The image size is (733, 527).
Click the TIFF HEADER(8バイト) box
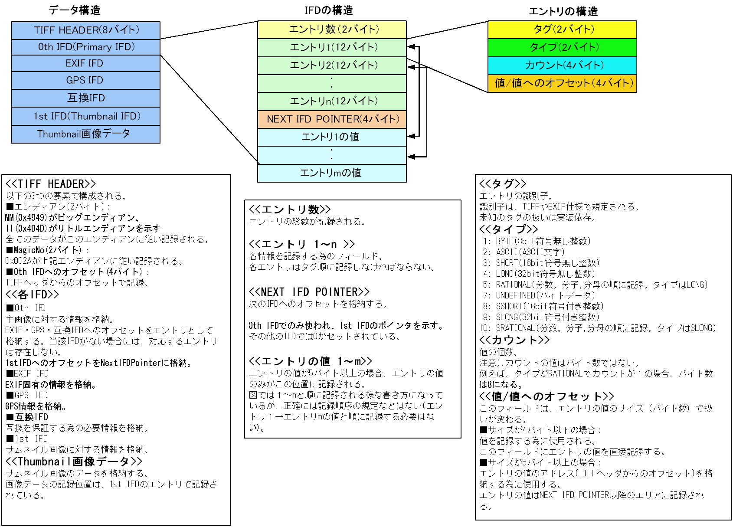point(86,30)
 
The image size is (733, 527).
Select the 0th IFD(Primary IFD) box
point(86,47)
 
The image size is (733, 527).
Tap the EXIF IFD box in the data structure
point(86,63)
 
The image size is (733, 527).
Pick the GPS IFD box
point(86,80)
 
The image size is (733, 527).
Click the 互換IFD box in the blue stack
point(86,98)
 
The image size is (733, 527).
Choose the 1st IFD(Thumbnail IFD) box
point(86,116)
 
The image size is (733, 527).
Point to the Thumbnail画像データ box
point(86,134)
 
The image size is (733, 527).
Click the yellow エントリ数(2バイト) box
point(332,30)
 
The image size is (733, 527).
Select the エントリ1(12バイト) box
point(332,48)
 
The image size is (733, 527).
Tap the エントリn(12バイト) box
point(332,101)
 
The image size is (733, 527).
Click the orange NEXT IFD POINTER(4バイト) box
point(332,119)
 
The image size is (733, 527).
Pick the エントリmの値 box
point(332,173)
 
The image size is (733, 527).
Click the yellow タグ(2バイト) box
point(562,30)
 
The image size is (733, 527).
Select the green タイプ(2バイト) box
point(562,48)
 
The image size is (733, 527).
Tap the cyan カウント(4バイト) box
point(562,66)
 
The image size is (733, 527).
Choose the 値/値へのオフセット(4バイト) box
point(562,84)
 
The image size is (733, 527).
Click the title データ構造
point(75,10)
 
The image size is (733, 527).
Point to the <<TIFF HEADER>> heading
point(51,184)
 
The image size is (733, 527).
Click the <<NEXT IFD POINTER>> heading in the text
point(309,291)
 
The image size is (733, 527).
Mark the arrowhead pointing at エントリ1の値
point(411,136)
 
